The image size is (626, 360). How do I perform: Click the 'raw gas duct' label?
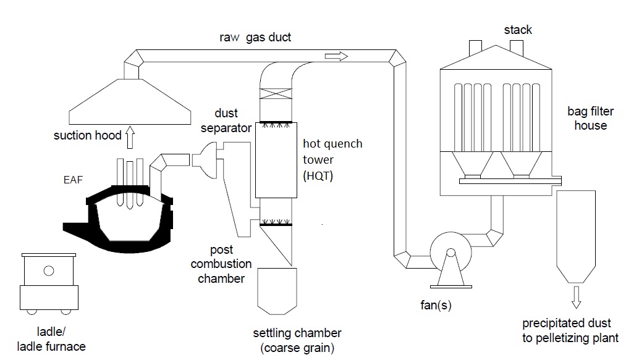(255, 38)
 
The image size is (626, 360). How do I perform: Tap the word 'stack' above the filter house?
(518, 30)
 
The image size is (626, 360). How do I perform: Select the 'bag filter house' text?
(586, 119)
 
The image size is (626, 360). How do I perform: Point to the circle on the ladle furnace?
(49, 270)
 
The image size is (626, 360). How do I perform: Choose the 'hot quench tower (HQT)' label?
(332, 159)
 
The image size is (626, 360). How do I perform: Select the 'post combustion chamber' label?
(221, 264)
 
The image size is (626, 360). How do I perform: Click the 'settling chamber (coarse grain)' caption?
(297, 340)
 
